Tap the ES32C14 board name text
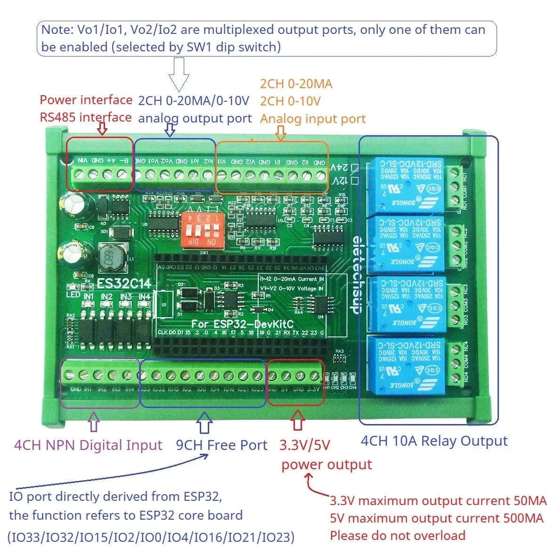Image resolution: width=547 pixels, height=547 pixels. click(x=124, y=284)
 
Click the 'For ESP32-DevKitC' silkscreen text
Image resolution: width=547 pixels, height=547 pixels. click(x=242, y=324)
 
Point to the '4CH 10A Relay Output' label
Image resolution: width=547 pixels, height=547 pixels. click(x=434, y=441)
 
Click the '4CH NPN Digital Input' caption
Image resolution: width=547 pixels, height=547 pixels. click(x=88, y=445)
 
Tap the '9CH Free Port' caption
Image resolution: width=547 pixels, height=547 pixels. click(x=221, y=445)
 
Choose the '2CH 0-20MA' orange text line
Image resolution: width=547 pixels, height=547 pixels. click(x=296, y=84)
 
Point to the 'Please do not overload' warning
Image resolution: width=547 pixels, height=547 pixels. click(x=397, y=536)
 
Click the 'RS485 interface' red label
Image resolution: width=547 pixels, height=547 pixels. click(x=85, y=117)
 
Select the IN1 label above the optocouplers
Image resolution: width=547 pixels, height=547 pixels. click(x=89, y=297)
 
